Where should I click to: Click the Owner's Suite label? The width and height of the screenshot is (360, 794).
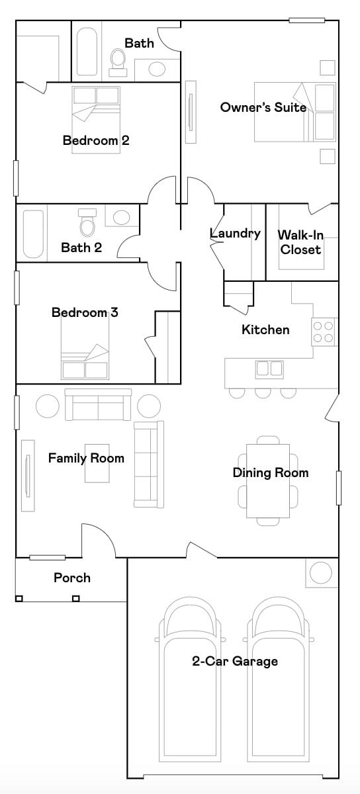tap(263, 107)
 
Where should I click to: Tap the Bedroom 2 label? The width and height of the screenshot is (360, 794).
tap(96, 140)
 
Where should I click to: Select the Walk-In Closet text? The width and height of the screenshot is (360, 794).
tap(300, 242)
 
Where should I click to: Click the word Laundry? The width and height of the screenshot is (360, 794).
tap(235, 234)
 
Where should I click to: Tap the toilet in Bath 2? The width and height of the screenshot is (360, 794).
tap(87, 224)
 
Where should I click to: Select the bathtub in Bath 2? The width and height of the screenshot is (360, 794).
tap(33, 234)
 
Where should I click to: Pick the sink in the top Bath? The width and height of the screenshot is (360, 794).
tap(157, 69)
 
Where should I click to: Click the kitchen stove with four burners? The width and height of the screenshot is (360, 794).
tap(324, 331)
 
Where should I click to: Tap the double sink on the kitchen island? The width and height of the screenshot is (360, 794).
tap(269, 369)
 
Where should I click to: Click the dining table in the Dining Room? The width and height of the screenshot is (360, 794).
tap(268, 480)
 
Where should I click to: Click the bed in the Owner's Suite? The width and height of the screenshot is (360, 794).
tap(295, 112)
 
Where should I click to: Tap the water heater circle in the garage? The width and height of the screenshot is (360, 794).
tap(321, 573)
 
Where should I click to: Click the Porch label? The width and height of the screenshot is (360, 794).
tap(72, 578)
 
